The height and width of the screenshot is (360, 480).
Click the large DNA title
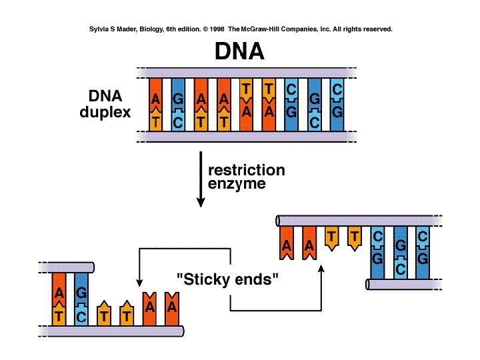240,52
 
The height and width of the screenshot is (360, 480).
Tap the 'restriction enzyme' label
246,177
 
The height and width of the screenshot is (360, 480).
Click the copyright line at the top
240,30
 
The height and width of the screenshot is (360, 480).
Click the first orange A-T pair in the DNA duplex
156,105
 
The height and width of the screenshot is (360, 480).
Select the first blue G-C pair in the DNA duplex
178,105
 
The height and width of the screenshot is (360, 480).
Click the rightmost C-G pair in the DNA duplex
337,105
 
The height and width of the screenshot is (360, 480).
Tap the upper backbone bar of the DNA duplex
242,71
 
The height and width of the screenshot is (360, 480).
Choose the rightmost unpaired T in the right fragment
355,237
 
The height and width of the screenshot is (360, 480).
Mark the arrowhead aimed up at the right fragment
321,268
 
